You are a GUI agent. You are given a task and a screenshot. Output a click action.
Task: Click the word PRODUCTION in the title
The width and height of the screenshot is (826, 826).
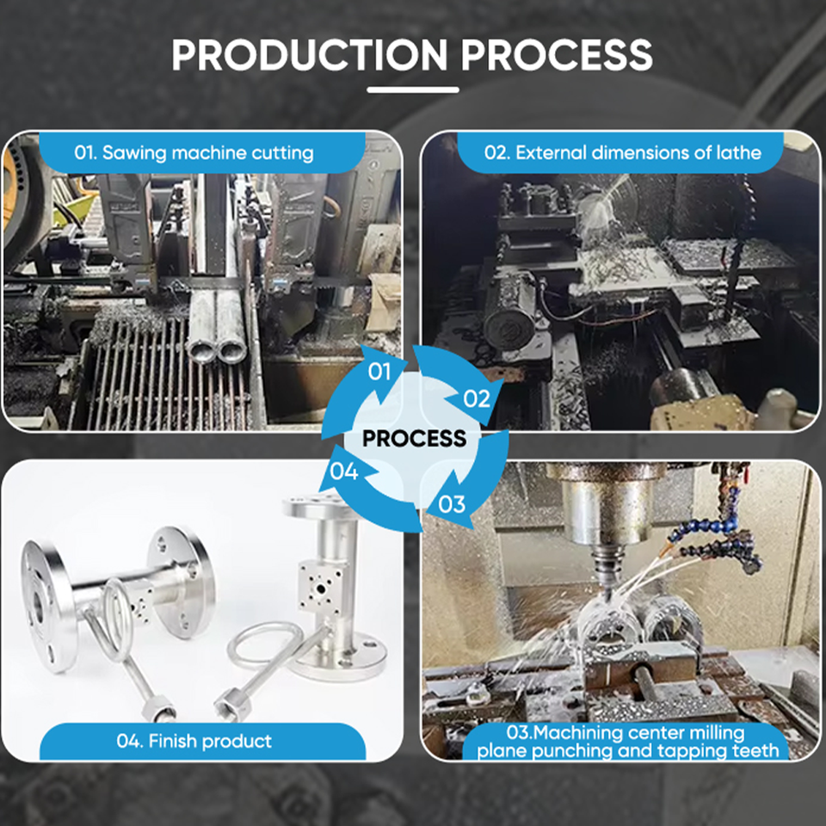tap(310, 55)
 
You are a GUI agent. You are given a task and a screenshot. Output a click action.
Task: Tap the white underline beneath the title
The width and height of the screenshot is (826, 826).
tap(412, 90)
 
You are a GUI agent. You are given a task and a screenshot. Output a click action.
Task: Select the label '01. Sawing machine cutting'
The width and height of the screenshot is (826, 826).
tap(194, 153)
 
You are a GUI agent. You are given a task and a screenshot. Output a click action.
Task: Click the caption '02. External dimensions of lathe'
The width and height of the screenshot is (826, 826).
tap(623, 153)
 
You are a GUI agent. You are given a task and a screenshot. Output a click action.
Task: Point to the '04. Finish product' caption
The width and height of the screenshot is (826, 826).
tap(194, 741)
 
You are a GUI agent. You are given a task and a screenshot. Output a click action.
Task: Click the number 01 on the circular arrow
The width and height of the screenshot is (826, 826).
tap(379, 372)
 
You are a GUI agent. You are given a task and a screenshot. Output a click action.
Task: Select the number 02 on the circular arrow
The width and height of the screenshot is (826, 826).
tap(477, 398)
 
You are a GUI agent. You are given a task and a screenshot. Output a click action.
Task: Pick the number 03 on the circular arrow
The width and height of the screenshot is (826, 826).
tap(452, 504)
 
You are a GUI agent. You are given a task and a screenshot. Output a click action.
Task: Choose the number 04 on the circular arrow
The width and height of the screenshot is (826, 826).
tap(344, 471)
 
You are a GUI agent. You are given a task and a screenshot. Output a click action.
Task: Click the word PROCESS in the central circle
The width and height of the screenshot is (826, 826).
tap(415, 438)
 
